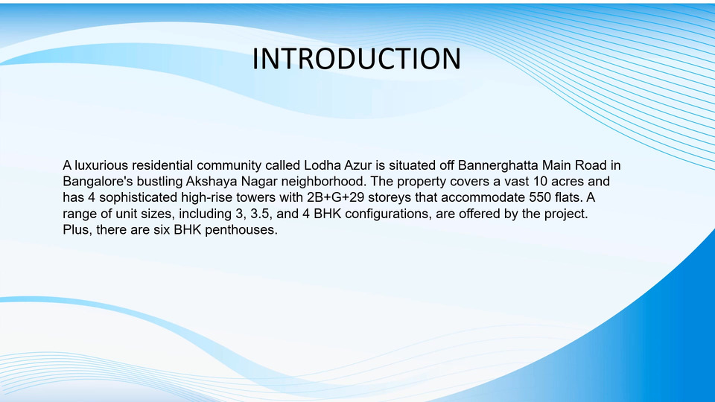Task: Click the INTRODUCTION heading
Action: [357, 58]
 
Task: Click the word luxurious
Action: [101, 165]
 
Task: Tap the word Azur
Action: [358, 165]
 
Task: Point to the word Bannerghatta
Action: [498, 165]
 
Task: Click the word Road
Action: [591, 165]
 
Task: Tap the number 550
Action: [540, 198]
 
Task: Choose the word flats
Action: [568, 198]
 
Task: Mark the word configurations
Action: [388, 214]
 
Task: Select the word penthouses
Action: [241, 230]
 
